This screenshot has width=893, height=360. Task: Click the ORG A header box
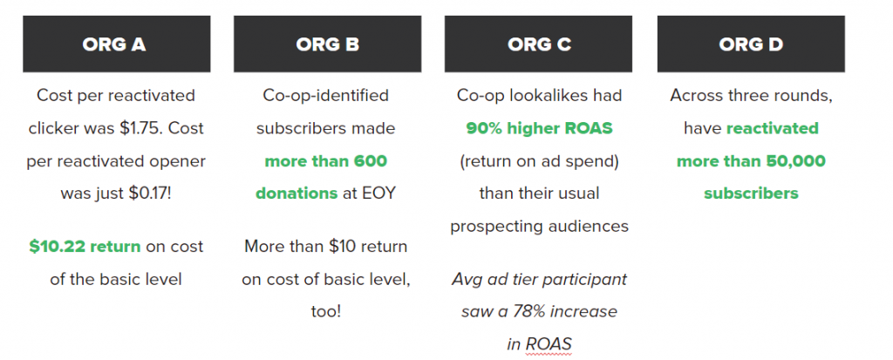point(117,44)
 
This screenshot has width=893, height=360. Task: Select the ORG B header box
point(328,44)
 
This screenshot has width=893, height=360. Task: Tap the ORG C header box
point(538,44)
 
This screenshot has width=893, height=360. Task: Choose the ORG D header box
point(751,44)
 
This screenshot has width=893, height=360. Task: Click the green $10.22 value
point(57,247)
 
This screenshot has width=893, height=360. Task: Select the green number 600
point(370,161)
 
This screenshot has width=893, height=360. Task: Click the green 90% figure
point(482,128)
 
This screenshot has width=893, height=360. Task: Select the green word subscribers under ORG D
point(751,194)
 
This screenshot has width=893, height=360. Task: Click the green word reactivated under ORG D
point(773,128)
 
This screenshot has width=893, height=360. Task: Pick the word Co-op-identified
point(326,95)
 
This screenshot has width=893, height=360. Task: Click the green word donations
point(297,194)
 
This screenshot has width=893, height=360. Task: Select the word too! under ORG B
point(326,312)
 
